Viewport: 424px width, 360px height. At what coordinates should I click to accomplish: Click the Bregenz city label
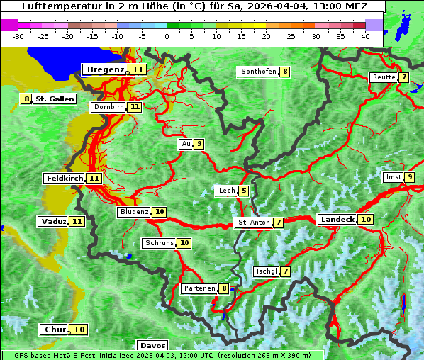(x=106, y=69)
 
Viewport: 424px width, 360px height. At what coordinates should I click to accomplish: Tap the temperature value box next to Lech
(x=244, y=191)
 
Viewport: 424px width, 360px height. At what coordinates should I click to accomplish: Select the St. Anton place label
(x=254, y=223)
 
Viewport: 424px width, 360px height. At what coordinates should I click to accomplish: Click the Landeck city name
(x=337, y=220)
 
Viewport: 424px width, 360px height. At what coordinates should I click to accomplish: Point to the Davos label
(x=152, y=346)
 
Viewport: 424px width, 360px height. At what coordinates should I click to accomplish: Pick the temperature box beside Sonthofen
(x=284, y=72)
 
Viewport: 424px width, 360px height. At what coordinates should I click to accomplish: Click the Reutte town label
(x=384, y=77)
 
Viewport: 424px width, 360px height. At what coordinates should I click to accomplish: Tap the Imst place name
(x=393, y=177)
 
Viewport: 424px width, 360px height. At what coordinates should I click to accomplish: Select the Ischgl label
(x=266, y=271)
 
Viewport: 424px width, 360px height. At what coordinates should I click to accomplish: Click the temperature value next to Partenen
(x=224, y=288)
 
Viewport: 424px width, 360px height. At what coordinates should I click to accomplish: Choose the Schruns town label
(x=159, y=243)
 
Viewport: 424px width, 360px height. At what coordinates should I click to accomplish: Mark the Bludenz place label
(x=134, y=212)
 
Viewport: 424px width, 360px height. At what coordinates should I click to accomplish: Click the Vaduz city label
(x=53, y=222)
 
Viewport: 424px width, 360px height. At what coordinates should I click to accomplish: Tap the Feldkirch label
(x=65, y=178)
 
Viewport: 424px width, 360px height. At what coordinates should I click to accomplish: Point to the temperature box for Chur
(x=79, y=330)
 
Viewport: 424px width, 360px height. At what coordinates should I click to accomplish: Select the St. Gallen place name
(x=55, y=99)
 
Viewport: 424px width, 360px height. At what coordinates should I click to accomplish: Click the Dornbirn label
(x=108, y=107)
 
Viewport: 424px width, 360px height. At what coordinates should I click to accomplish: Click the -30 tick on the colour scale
(x=18, y=35)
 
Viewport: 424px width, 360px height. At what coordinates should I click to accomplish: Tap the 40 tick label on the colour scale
(x=365, y=35)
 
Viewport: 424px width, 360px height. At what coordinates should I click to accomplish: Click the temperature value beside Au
(x=200, y=145)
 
